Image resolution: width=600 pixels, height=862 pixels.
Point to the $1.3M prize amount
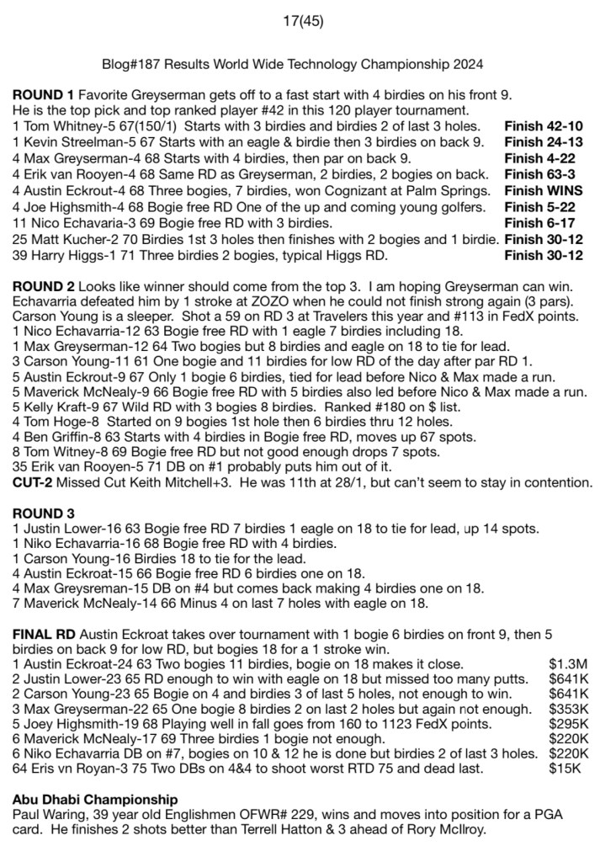click(565, 663)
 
